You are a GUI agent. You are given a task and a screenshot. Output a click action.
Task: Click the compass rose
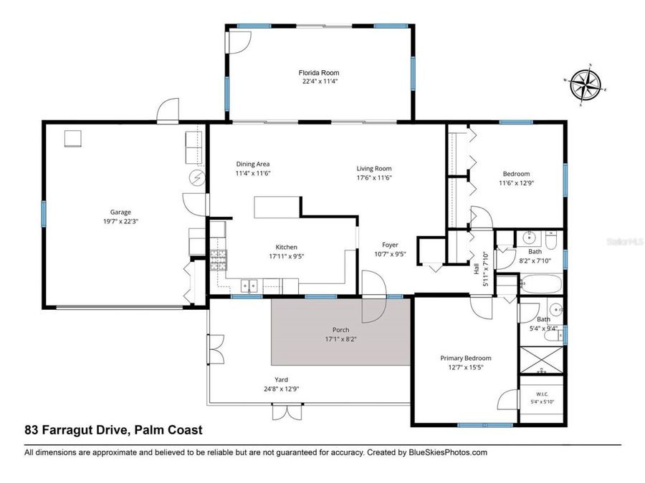tap(585, 85)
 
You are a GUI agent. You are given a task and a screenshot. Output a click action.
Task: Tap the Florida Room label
tap(319, 73)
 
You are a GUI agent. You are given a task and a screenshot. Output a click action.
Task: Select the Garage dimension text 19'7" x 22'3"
tap(120, 221)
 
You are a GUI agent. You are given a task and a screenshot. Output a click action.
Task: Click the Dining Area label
tap(252, 164)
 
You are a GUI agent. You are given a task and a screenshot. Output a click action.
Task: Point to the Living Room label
tap(374, 168)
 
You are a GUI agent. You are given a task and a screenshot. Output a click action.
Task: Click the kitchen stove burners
tap(219, 260)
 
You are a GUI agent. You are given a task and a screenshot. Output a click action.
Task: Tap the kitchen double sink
tap(249, 286)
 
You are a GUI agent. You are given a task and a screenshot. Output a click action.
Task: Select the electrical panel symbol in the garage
tap(197, 178)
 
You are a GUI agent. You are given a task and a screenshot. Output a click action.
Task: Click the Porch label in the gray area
tap(340, 330)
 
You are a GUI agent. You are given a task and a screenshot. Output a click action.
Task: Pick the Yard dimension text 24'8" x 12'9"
tap(282, 389)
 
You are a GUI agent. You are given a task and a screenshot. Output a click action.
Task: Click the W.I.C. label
tap(543, 394)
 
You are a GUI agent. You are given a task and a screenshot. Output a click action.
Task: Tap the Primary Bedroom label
tap(466, 358)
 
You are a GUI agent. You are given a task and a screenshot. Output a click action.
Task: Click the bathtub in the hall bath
tap(541, 284)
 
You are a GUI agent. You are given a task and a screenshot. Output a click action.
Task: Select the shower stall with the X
tap(541, 361)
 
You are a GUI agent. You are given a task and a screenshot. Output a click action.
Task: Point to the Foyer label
tap(390, 245)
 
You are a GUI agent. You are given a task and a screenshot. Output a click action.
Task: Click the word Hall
tap(477, 268)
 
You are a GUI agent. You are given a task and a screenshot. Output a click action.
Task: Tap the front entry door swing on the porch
tap(374, 296)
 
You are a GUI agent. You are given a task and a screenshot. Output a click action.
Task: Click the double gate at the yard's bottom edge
tap(287, 411)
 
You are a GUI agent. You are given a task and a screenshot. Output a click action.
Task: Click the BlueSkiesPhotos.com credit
tap(448, 453)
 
